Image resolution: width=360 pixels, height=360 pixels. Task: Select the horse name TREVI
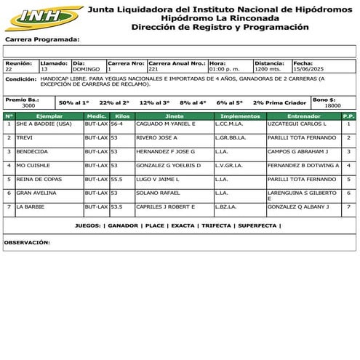[x=25, y=137]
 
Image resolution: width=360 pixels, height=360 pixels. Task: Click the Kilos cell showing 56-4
[x=116, y=124]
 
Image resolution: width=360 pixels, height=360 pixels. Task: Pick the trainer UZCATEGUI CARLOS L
[x=297, y=124]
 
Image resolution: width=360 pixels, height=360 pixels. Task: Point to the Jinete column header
[x=175, y=116]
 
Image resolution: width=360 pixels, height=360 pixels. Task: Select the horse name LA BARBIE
[x=31, y=207]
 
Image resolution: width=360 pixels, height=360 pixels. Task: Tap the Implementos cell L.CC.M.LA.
[x=230, y=124]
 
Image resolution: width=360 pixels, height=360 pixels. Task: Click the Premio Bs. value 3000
[x=28, y=106]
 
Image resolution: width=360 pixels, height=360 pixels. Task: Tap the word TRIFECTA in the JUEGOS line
[x=215, y=226]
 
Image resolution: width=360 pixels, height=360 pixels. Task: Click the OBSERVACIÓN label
[x=27, y=241]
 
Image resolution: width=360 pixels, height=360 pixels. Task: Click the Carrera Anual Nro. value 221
[x=153, y=69]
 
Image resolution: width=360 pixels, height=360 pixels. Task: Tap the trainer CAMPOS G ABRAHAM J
[x=298, y=151]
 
